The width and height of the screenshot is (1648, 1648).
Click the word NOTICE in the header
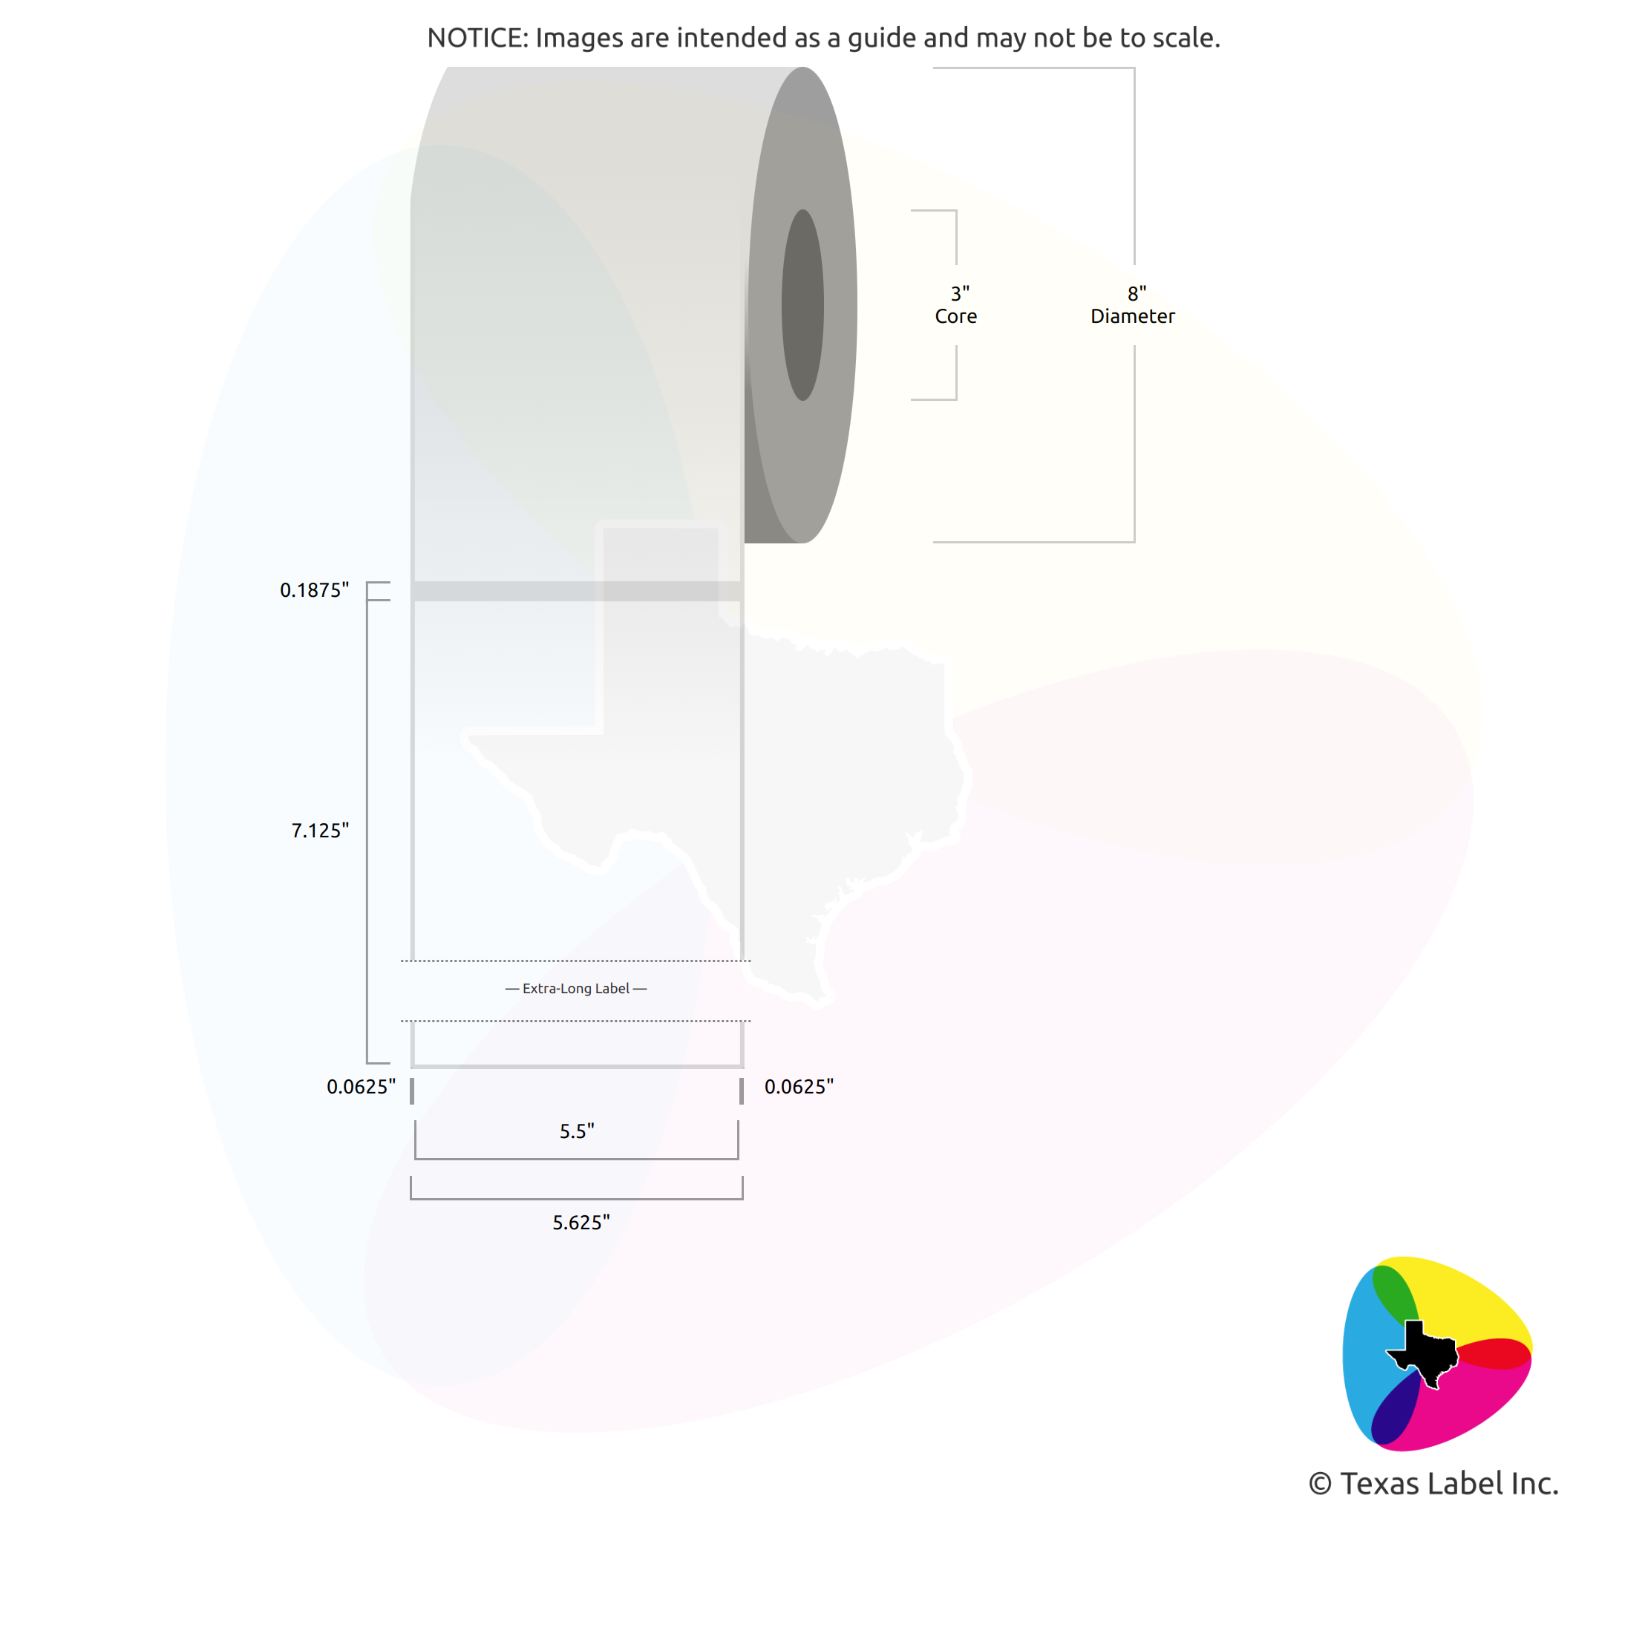click(x=477, y=38)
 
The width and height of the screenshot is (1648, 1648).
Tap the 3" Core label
click(x=956, y=305)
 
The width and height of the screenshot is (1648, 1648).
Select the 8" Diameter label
click(x=1133, y=305)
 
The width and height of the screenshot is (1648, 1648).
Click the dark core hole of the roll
click(x=802, y=304)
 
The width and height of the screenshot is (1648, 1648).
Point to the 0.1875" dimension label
click(x=314, y=590)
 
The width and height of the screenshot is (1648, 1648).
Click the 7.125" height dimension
click(x=320, y=831)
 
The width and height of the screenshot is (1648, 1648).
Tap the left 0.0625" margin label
click(x=361, y=1087)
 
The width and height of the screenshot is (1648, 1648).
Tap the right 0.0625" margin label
click(x=799, y=1087)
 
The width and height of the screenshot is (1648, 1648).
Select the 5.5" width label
click(x=577, y=1131)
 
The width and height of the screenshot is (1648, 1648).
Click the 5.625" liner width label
click(x=581, y=1223)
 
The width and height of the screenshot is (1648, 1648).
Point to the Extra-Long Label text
click(x=576, y=989)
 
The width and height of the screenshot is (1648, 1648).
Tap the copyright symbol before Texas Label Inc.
click(x=1320, y=1484)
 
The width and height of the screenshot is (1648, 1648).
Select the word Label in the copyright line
click(x=1465, y=1483)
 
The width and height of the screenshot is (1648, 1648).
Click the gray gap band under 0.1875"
click(x=577, y=591)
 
